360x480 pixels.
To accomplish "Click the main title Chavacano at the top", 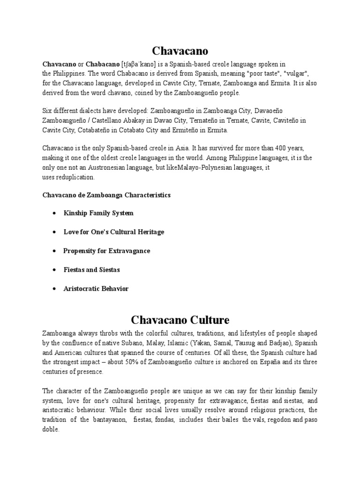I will (180, 50).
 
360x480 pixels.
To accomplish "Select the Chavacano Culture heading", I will (180, 320).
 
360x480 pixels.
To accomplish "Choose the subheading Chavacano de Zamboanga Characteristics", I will (106, 195).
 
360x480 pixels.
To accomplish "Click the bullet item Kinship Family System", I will (98, 213).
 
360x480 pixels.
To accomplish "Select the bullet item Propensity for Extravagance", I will (107, 251).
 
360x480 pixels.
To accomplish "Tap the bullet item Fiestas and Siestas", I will (92, 270).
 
